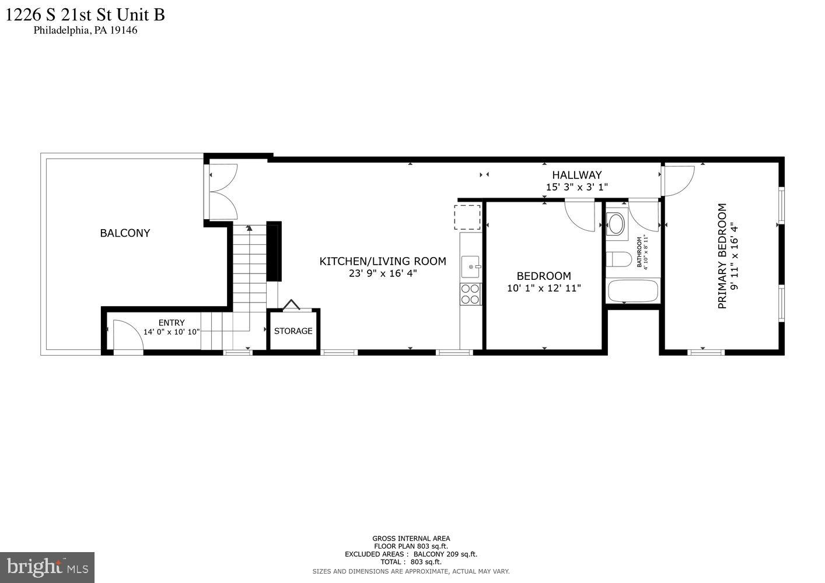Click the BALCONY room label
coord(125,233)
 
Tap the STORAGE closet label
coord(293,331)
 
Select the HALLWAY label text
coord(576,175)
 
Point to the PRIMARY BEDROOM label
coord(722,256)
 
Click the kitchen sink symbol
coord(470,267)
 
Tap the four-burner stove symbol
coord(470,294)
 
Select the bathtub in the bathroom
coord(633,291)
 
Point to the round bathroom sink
coord(616,223)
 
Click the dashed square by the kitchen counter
coord(469,217)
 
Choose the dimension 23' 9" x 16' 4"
coord(383,273)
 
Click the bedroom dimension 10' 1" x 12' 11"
coord(544,288)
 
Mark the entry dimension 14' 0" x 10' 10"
coord(172,332)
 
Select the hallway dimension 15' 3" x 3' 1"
coord(576,187)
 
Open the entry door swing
coord(127,336)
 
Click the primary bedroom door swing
coord(678,180)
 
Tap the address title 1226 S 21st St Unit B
coord(85,14)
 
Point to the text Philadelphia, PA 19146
coord(85,30)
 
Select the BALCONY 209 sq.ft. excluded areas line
coord(411,554)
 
